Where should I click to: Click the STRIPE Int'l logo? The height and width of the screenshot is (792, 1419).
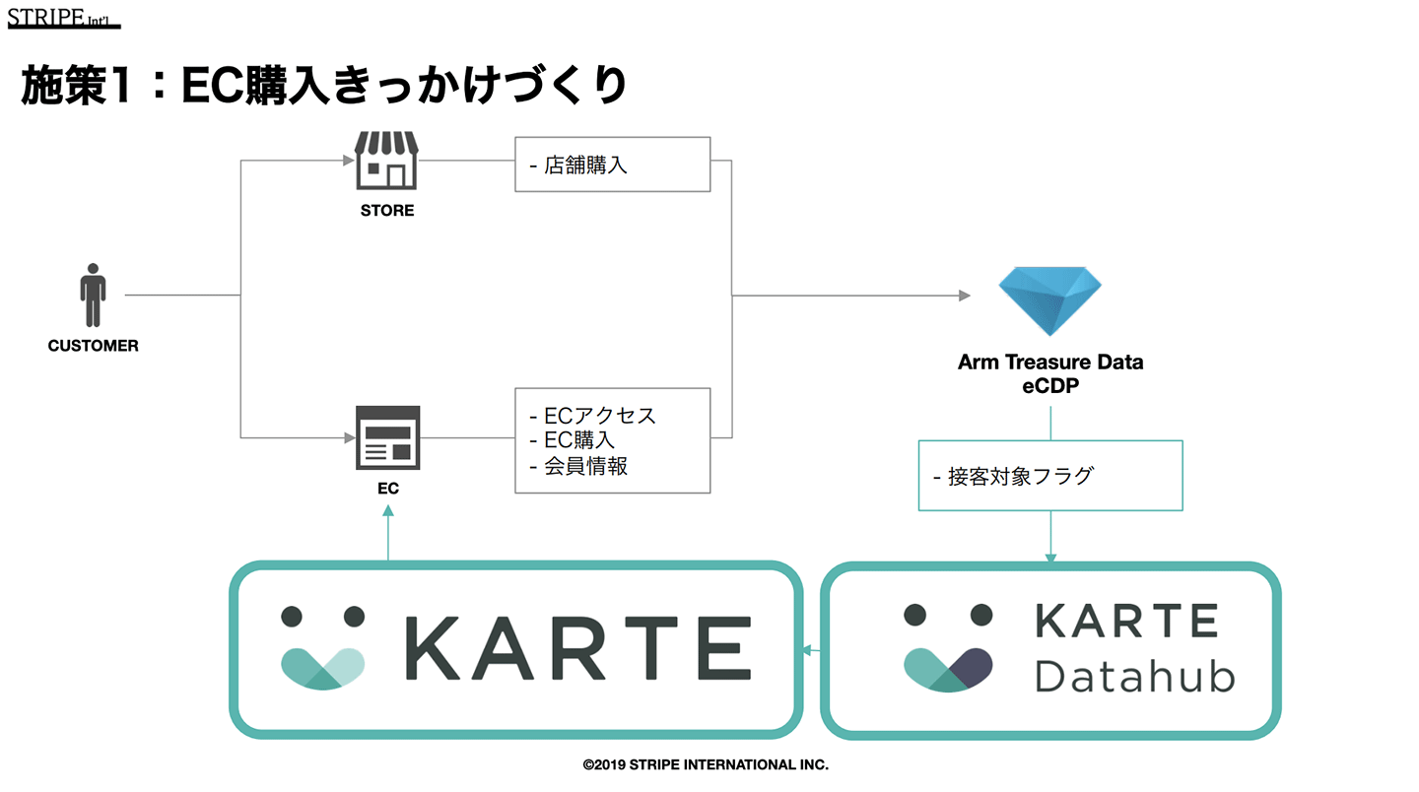click(x=63, y=17)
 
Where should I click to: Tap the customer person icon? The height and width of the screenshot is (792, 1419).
click(x=93, y=295)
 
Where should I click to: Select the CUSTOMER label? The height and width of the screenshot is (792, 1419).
click(x=93, y=346)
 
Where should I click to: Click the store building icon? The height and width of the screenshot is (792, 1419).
click(x=386, y=161)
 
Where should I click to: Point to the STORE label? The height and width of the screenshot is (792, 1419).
click(x=387, y=210)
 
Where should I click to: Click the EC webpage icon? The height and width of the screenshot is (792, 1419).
click(x=387, y=438)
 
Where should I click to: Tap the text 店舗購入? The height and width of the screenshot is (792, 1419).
click(x=585, y=165)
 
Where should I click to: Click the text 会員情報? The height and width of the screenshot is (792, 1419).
click(x=585, y=466)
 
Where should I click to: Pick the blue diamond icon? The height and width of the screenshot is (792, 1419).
click(x=1049, y=299)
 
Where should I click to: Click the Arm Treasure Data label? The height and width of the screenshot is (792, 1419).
click(x=1050, y=362)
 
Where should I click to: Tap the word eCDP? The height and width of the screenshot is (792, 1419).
click(x=1050, y=386)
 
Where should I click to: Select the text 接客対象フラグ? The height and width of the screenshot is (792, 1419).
click(x=1020, y=477)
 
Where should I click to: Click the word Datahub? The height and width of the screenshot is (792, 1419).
click(x=1134, y=676)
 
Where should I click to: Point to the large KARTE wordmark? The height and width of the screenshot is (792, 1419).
click(x=578, y=648)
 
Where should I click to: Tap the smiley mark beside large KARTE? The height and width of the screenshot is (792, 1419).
click(x=323, y=646)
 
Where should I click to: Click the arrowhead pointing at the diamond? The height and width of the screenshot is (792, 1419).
click(x=965, y=296)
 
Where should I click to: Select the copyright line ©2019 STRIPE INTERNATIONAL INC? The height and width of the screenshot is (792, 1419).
click(x=706, y=764)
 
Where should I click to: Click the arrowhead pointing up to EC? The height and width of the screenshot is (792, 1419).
click(x=388, y=510)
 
